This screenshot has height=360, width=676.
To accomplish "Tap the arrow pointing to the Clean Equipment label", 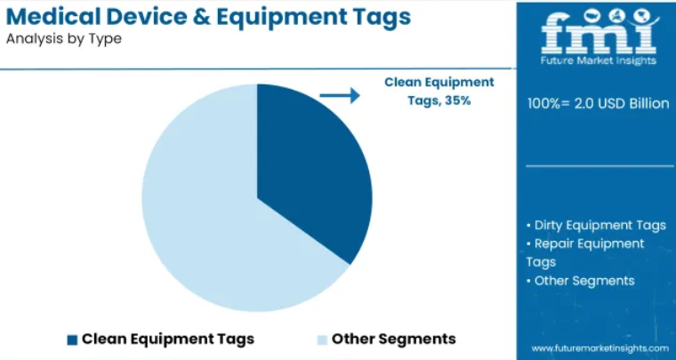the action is coord(340,95).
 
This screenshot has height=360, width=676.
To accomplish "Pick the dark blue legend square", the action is coord(72,340).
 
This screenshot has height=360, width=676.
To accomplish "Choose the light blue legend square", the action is coord(322,340).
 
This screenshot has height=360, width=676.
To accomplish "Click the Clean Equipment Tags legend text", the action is coord(168,339).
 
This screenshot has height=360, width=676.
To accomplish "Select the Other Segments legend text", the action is coord(394,339).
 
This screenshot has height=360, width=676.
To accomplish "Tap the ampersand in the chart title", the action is coord(202,17).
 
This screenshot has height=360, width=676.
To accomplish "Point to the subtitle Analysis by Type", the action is coord(64,39).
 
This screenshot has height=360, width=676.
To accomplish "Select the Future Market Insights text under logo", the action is coord(599,60).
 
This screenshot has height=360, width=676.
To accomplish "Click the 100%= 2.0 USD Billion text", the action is coord(599,103).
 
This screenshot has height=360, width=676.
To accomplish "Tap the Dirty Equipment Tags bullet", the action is coord(596,225).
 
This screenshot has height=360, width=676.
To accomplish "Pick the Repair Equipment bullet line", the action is coord(585,244).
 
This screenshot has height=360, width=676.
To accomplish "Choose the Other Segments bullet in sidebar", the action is coord(581,281).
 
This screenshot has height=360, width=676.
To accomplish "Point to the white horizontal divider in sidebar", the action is coord(600,166).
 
